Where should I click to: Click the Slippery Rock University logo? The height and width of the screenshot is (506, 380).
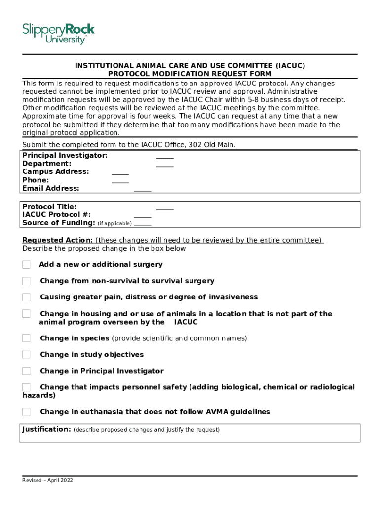pyautogui.click(x=58, y=34)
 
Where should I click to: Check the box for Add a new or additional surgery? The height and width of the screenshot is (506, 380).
pyautogui.click(x=26, y=265)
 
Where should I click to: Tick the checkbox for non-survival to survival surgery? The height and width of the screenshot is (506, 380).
pyautogui.click(x=26, y=281)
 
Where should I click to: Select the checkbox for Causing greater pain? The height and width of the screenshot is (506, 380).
pyautogui.click(x=26, y=297)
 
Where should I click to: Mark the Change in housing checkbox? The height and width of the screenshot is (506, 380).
pyautogui.click(x=26, y=314)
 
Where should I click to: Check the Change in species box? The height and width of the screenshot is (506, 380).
pyautogui.click(x=26, y=338)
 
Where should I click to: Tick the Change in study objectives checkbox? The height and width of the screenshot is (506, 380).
pyautogui.click(x=26, y=355)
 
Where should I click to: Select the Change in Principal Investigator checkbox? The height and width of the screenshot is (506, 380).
pyautogui.click(x=26, y=371)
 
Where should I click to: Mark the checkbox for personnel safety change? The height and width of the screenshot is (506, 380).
pyautogui.click(x=26, y=387)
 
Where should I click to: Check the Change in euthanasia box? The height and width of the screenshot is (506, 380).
pyautogui.click(x=26, y=412)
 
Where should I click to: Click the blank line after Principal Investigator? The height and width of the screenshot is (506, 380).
pyautogui.click(x=165, y=157)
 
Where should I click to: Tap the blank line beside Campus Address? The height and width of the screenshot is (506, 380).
pyautogui.click(x=120, y=173)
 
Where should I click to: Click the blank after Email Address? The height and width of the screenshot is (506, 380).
pyautogui.click(x=143, y=190)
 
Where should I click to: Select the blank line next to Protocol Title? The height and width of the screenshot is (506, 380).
pyautogui.click(x=165, y=208)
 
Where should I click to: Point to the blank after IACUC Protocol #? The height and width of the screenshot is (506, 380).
pyautogui.click(x=143, y=216)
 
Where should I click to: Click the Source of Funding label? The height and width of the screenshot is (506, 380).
pyautogui.click(x=59, y=223)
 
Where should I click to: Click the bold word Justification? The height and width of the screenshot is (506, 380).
pyautogui.click(x=46, y=429)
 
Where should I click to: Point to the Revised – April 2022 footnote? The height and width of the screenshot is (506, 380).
pyautogui.click(x=47, y=480)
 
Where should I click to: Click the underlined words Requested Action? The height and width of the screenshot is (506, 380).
pyautogui.click(x=57, y=240)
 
